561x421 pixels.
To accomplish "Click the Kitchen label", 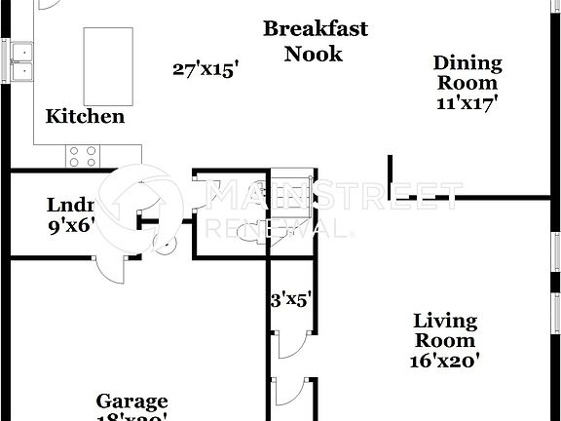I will pos(85,117).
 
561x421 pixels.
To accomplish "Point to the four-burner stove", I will pos(82,155).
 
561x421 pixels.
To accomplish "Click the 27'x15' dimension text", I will pos(206,69).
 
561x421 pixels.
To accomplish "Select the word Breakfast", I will pos(316,28).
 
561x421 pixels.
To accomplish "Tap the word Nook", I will pos(314,53).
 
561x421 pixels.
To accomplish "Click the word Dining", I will pos(467,64).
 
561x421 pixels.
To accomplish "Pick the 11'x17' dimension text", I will pos(467,103).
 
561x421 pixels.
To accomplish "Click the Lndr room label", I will pos(69,206).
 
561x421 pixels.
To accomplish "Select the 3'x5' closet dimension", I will pos(289,300).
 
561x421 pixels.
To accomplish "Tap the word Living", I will pos(445,321).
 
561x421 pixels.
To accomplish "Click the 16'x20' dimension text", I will pos(445,360).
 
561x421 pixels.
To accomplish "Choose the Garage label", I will pos(131,402).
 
